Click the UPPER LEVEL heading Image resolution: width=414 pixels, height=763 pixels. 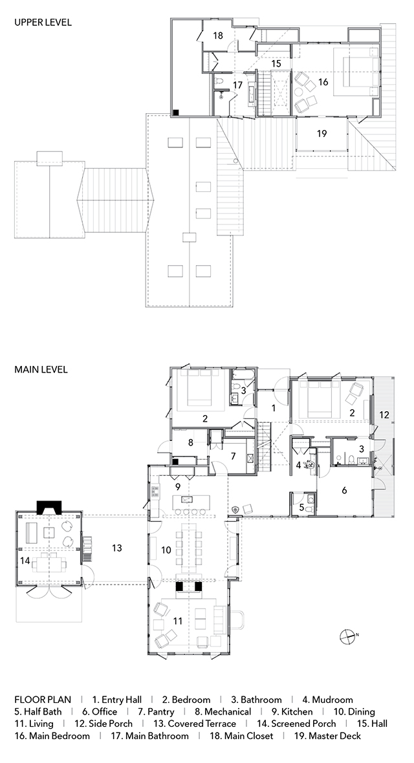pyautogui.click(x=43, y=23)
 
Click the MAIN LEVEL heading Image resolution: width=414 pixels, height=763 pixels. pyautogui.click(x=41, y=369)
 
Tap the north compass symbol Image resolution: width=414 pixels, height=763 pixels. pyautogui.click(x=348, y=636)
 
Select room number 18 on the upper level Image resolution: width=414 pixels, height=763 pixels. pyautogui.click(x=218, y=36)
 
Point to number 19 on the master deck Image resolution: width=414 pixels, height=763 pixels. pyautogui.click(x=321, y=133)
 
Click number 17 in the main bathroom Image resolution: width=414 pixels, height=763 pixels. pyautogui.click(x=237, y=85)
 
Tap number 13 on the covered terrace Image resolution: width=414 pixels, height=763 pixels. pyautogui.click(x=116, y=548)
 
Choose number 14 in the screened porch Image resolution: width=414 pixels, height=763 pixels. pyautogui.click(x=25, y=561)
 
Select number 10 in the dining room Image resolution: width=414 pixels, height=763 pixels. pyautogui.click(x=166, y=550)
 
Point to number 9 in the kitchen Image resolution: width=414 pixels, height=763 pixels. pyautogui.click(x=178, y=486)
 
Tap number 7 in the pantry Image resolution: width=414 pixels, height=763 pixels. pyautogui.click(x=234, y=457)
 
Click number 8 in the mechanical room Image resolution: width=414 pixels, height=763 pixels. pyautogui.click(x=191, y=443)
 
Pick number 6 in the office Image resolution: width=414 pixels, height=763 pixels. pyautogui.click(x=344, y=491)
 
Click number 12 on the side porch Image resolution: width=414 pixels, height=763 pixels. pyautogui.click(x=384, y=415)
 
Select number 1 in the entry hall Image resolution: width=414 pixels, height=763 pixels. pyautogui.click(x=274, y=408)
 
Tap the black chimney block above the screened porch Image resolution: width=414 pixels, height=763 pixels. pyautogui.click(x=49, y=508)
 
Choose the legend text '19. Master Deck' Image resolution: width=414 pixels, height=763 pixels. pyautogui.click(x=327, y=736)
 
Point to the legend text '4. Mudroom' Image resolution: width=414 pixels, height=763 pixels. pyautogui.click(x=327, y=700)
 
